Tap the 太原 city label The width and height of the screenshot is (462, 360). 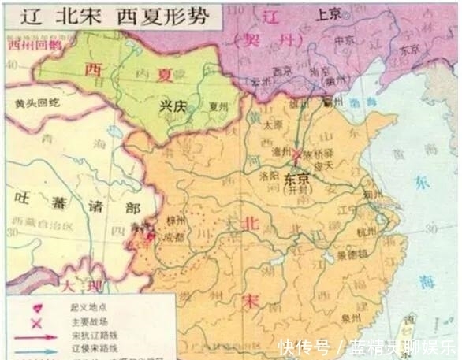tap(273, 124)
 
